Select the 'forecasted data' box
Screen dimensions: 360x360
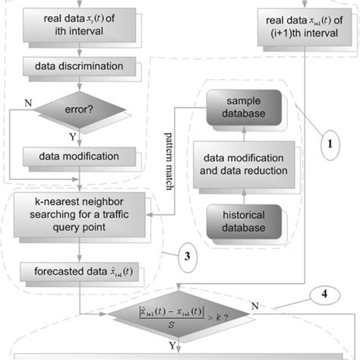81,270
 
